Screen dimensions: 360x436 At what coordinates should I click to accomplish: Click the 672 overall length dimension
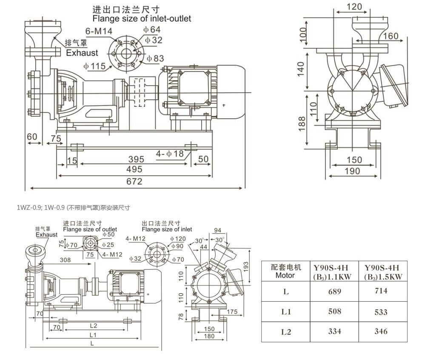pos(134,182)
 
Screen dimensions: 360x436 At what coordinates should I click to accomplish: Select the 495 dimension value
pos(134,170)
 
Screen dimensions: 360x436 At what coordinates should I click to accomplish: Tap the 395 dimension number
pos(136,159)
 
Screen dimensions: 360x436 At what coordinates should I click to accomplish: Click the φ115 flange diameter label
pos(94,66)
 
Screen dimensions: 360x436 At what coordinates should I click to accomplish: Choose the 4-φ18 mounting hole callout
pos(170,154)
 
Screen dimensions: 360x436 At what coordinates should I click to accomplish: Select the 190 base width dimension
pos(352,171)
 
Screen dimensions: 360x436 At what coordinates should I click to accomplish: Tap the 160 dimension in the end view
pos(390,36)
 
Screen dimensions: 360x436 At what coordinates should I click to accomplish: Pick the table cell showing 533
pos(381,312)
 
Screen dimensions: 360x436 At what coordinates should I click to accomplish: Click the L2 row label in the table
pos(286,331)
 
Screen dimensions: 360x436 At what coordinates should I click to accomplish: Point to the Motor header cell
pos(285,271)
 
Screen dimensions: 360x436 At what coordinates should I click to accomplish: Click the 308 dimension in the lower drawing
pos(66,260)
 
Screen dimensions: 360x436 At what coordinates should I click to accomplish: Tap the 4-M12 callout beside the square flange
pos(112,254)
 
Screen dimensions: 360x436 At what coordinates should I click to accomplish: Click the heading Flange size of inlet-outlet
pos(142,19)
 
